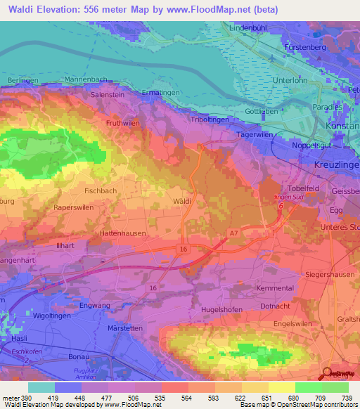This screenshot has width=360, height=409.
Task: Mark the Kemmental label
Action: (276, 289)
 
